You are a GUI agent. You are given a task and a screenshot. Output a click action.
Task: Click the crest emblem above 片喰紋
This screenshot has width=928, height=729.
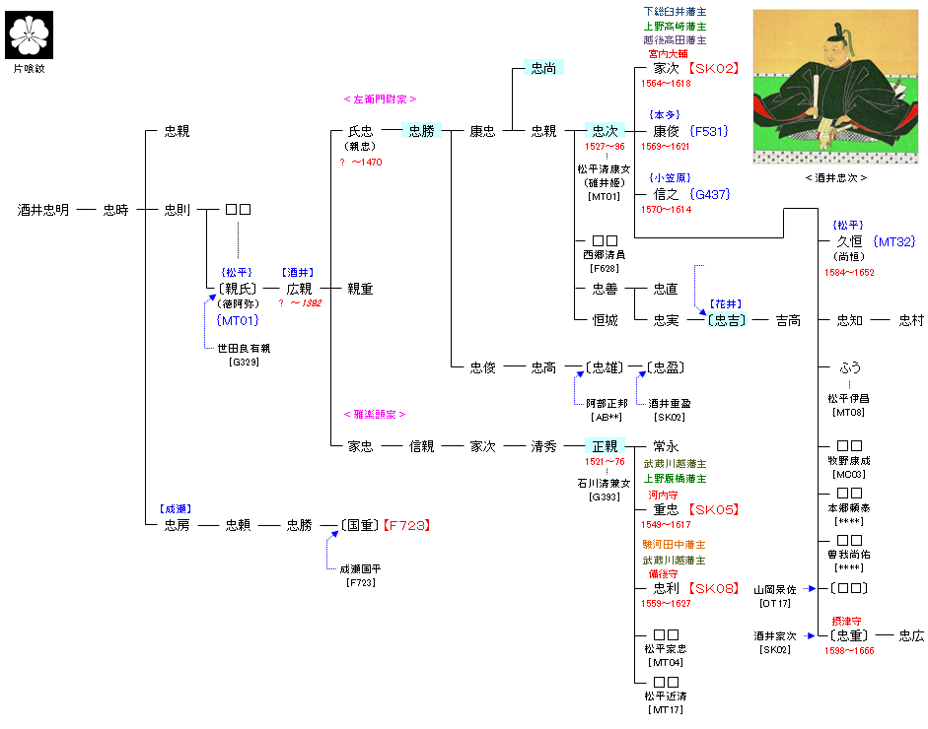coord(28,36)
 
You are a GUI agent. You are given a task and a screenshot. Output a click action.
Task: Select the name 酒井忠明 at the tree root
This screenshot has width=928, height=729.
coord(43,210)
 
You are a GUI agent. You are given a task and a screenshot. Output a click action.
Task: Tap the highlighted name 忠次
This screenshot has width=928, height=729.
coord(605,131)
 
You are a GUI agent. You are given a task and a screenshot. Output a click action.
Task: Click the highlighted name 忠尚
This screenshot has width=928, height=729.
coord(543,68)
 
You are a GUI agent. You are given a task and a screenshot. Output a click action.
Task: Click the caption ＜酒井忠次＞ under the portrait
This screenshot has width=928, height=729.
coord(836,177)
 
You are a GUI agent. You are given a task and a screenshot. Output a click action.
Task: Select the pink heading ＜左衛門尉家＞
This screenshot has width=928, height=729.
coord(380,99)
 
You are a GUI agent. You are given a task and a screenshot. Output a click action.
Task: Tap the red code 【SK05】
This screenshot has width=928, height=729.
coord(714,509)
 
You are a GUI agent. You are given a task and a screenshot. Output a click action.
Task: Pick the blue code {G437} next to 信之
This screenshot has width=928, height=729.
coord(710,194)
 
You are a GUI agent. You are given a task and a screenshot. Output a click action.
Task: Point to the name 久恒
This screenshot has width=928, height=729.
coord(849,241)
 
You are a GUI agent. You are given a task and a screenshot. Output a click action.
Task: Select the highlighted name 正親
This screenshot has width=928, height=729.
coord(605,446)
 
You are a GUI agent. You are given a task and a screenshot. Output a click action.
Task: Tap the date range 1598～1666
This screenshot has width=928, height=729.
coord(849,651)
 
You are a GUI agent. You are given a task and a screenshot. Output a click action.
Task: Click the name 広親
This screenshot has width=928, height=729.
coord(299,289)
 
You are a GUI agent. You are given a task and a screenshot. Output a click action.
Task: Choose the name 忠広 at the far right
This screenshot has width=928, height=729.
coord(911,635)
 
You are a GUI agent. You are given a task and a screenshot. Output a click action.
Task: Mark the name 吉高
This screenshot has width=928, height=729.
coord(788,320)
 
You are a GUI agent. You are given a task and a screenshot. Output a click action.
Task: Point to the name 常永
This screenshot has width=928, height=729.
coord(666,446)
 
